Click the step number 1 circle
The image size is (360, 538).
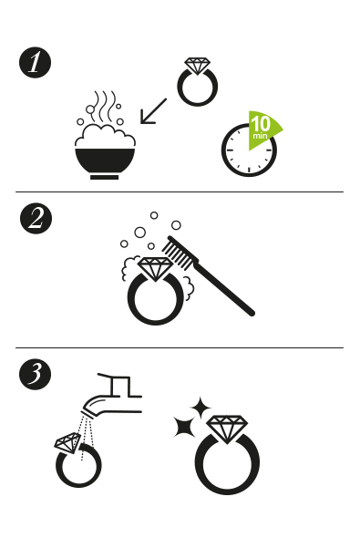tap(35, 62)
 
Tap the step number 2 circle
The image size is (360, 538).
tap(36, 219)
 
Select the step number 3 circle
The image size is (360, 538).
tap(35, 374)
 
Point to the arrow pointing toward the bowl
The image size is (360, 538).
tap(153, 111)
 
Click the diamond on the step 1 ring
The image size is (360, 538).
tap(197, 66)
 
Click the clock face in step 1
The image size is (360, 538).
tap(249, 150)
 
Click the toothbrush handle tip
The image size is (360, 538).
tap(252, 313)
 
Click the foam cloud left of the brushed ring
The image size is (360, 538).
tap(129, 268)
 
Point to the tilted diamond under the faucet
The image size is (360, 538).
tap(67, 442)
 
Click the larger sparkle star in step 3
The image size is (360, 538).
tap(184, 427)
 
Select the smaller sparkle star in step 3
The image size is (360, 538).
tap(201, 408)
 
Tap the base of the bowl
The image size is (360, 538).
tap(105, 178)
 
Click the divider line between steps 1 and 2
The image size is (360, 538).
tap(180, 191)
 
